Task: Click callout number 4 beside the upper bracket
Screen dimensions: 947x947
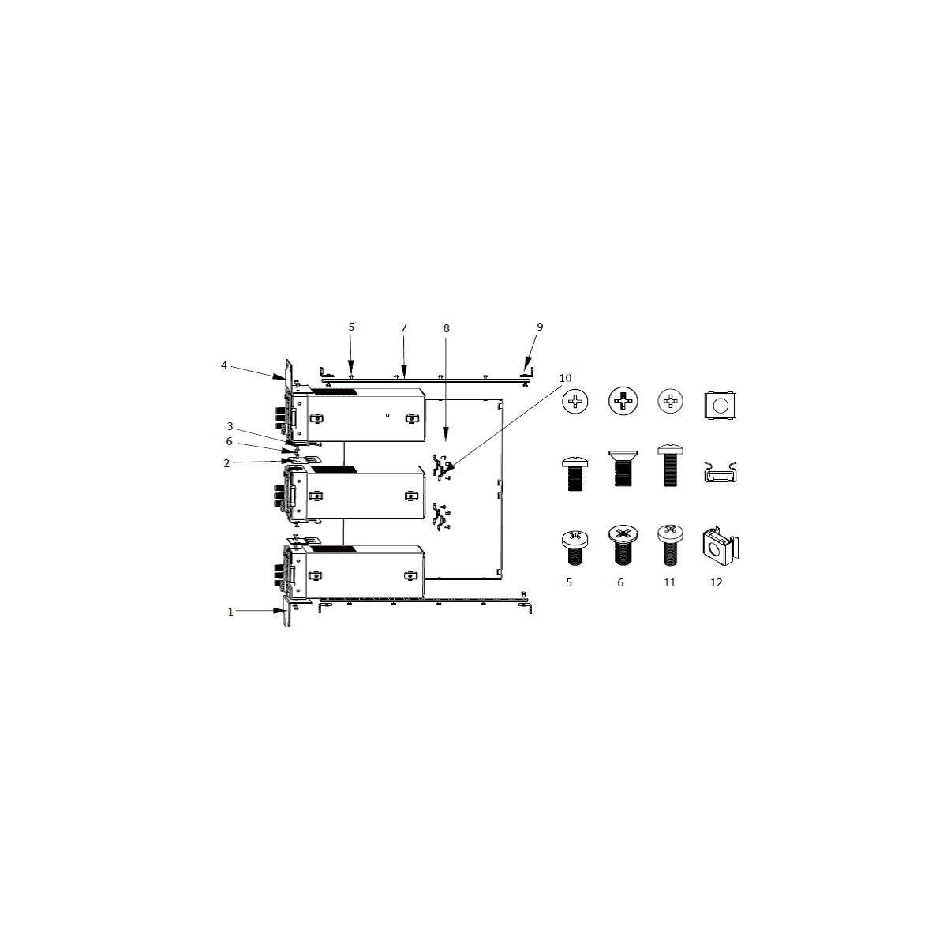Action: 223,365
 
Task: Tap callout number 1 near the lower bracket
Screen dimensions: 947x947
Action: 230,612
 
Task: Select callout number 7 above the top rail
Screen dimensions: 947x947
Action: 404,328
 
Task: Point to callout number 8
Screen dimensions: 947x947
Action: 446,328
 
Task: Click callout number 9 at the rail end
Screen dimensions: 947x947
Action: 540,327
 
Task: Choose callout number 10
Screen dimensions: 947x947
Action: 565,378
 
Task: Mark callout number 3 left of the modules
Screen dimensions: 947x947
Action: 230,426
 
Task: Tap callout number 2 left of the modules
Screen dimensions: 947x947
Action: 226,463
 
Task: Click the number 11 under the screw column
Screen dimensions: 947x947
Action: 669,583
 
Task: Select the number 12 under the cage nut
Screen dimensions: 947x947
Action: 716,583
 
